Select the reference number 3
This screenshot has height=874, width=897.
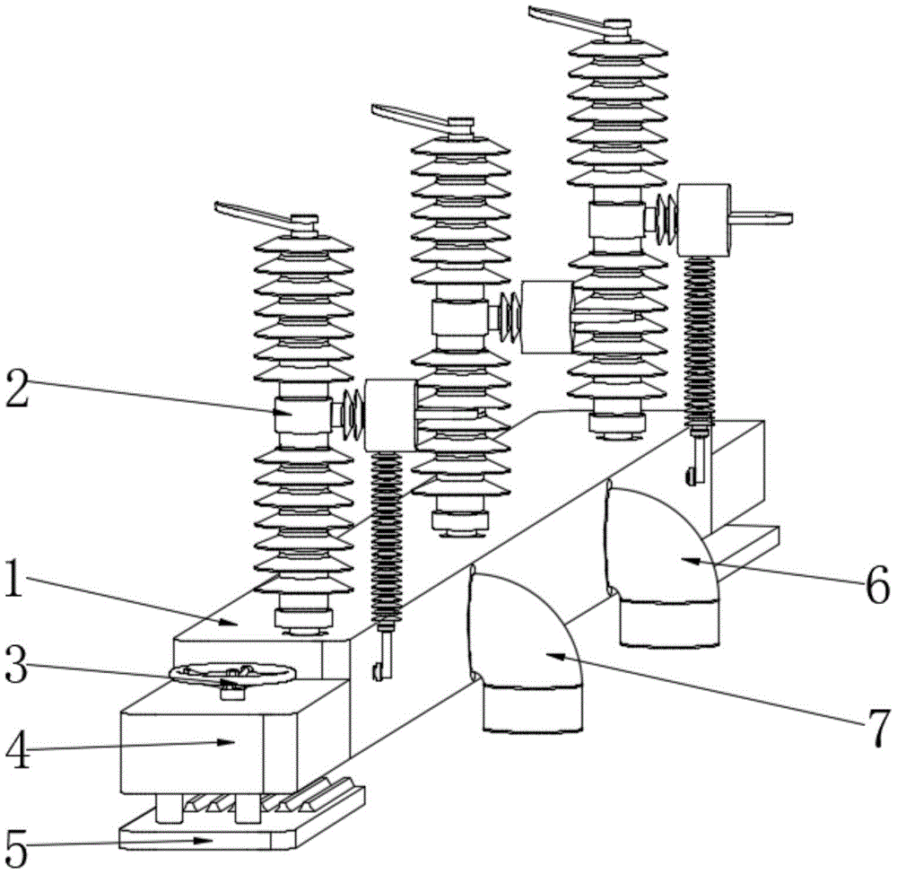click(x=21, y=669)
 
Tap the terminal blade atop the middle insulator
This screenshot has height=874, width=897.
click(x=413, y=118)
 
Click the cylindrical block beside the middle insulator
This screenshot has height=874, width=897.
click(x=545, y=316)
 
